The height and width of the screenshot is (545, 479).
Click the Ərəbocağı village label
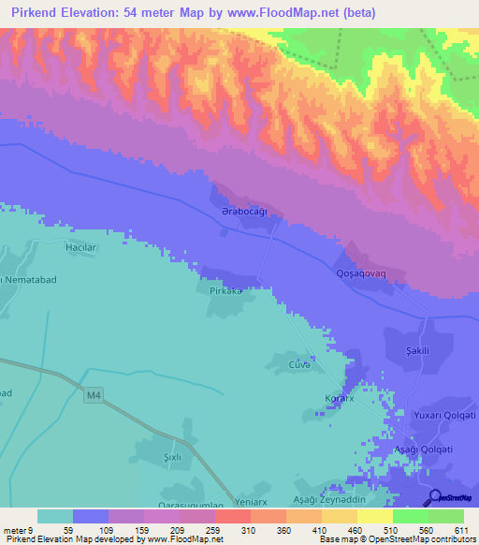(x=244, y=213)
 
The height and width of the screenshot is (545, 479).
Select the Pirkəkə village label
(x=225, y=291)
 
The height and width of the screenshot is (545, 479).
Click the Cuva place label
(x=299, y=364)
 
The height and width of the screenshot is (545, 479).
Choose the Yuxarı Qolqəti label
(x=444, y=415)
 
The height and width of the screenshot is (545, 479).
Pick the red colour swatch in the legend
(x=233, y=516)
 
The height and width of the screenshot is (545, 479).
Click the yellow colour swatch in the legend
(x=375, y=516)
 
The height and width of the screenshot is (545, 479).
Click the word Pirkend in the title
(x=36, y=13)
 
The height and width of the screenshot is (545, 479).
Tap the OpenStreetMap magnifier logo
(x=435, y=497)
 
